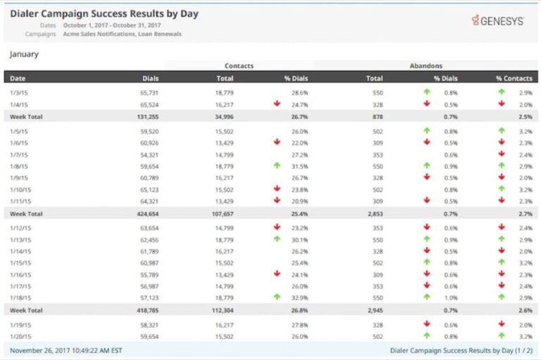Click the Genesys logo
498,21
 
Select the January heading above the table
24,54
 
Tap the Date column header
18,78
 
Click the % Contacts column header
514,78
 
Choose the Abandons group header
425,66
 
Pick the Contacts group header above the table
239,66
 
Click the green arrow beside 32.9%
277,297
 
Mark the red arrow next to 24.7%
277,104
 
